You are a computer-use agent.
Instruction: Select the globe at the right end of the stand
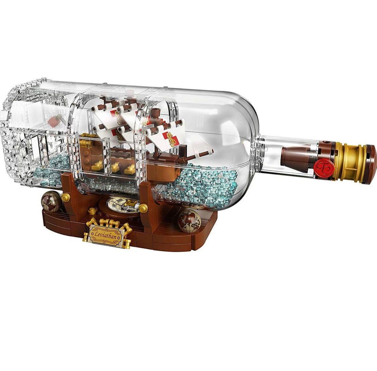pyautogui.click(x=189, y=222)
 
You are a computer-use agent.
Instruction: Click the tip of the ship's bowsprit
pyautogui.click(x=211, y=151)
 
